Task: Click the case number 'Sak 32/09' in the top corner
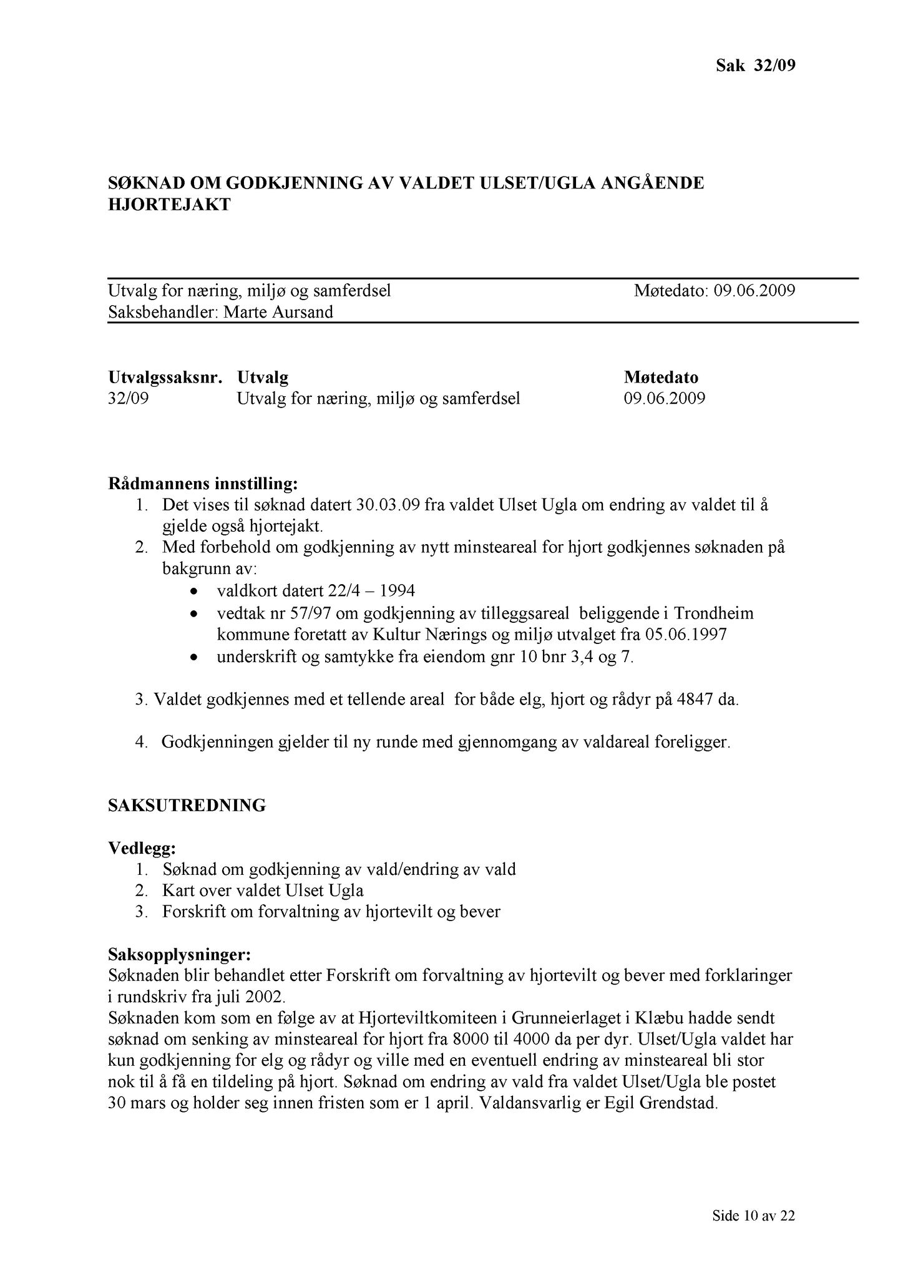755,66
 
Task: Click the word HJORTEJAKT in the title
169,205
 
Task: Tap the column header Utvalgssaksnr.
165,378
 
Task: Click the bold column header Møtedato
661,378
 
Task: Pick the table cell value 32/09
129,398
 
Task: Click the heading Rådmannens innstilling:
203,484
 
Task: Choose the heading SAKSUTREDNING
187,806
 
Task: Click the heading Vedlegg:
142,849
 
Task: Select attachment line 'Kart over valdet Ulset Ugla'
263,890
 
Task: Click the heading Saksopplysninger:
180,955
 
